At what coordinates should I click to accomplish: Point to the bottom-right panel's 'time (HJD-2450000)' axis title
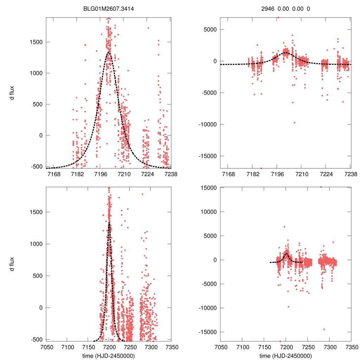pos(285,356)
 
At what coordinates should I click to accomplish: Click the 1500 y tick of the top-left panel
pos(36,42)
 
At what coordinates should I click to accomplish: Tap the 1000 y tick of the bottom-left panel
pos(36,244)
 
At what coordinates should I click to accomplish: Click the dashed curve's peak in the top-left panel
pos(108,52)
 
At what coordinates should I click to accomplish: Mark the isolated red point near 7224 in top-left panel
pos(148,28)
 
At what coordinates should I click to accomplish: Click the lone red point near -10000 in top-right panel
pos(295,123)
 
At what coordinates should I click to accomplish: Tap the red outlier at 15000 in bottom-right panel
pos(321,187)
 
